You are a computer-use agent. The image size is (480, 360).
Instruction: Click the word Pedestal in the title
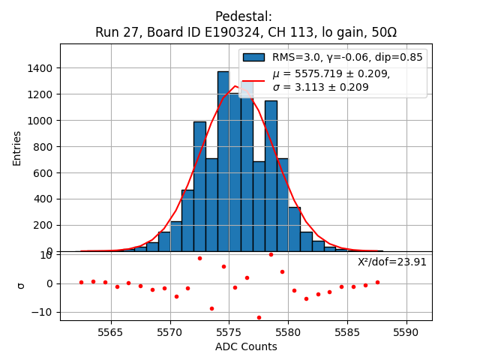click(x=243, y=16)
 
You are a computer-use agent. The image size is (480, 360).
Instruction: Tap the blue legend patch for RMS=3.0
click(x=253, y=57)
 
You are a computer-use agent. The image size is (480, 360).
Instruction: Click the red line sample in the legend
click(x=253, y=79)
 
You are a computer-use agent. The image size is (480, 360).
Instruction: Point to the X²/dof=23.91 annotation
click(x=392, y=262)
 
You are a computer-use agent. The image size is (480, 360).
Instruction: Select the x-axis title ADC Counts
click(x=246, y=346)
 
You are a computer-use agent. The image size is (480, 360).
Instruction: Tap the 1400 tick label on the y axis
click(x=37, y=68)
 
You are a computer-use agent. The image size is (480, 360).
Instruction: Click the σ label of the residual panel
click(x=22, y=285)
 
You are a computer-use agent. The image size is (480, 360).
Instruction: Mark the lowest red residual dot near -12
click(x=259, y=317)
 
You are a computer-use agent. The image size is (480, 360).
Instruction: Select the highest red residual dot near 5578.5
click(x=271, y=254)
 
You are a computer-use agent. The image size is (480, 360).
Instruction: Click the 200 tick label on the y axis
click(x=42, y=225)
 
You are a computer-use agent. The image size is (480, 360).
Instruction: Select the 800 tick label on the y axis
click(x=42, y=146)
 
